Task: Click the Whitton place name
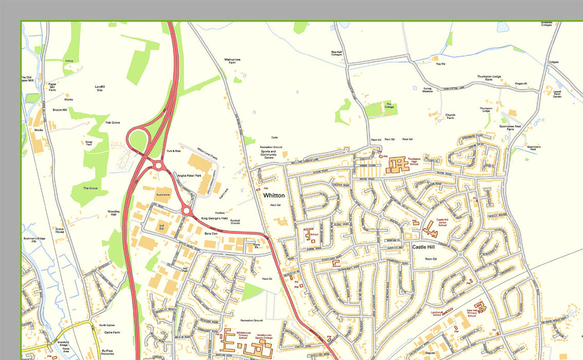click(x=274, y=196)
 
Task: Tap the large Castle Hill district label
click(x=426, y=247)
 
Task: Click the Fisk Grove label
click(x=113, y=123)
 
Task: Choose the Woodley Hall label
click(x=114, y=213)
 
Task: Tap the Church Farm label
click(x=450, y=117)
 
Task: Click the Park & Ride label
click(x=174, y=151)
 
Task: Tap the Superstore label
click(x=163, y=195)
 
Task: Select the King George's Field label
click(x=214, y=219)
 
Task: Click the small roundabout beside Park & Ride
click(x=158, y=165)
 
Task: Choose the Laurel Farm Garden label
click(x=557, y=94)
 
